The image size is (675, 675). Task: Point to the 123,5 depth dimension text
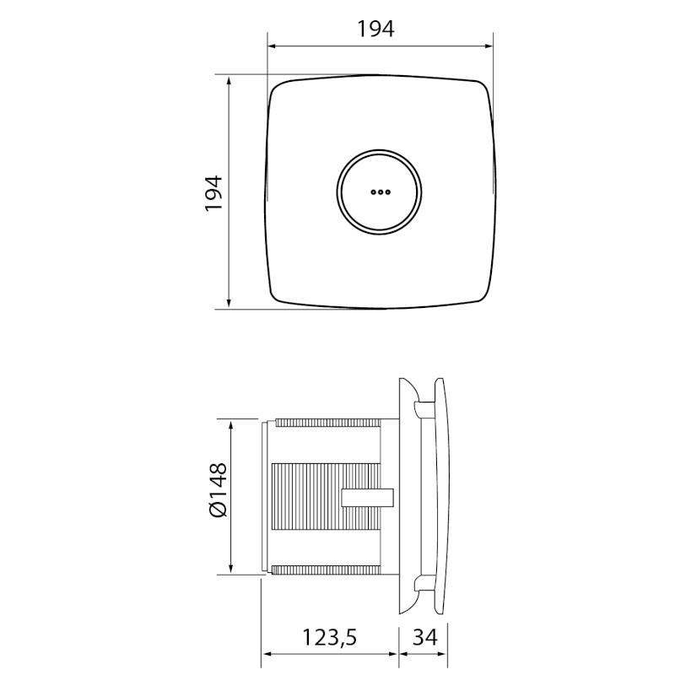(x=328, y=638)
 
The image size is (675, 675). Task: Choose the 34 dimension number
(x=424, y=638)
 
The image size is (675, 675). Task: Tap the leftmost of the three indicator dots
(x=374, y=192)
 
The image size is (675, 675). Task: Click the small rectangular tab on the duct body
(x=368, y=497)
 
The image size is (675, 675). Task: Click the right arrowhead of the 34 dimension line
(x=443, y=652)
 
